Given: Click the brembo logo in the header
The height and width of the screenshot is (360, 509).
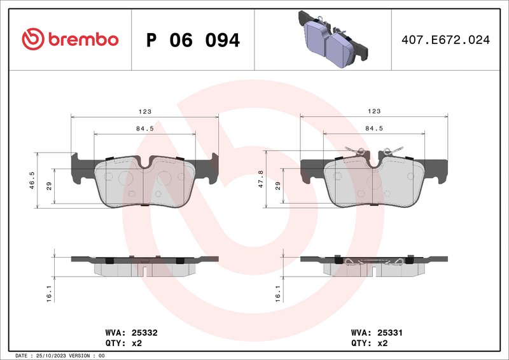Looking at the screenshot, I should [x=70, y=39].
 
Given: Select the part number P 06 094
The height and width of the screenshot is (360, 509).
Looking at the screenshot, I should [x=193, y=40].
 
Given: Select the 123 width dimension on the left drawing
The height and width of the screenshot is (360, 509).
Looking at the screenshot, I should [x=145, y=111].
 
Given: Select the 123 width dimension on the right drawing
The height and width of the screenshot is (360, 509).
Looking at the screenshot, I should [x=374, y=111].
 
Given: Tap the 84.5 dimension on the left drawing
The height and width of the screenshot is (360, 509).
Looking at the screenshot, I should [x=145, y=128].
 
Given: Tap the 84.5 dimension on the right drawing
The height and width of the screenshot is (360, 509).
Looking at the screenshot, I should [x=374, y=128].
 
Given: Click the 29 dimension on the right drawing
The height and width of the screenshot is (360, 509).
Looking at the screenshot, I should [x=277, y=186].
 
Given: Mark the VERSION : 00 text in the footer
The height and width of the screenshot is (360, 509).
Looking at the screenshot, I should [x=87, y=356].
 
